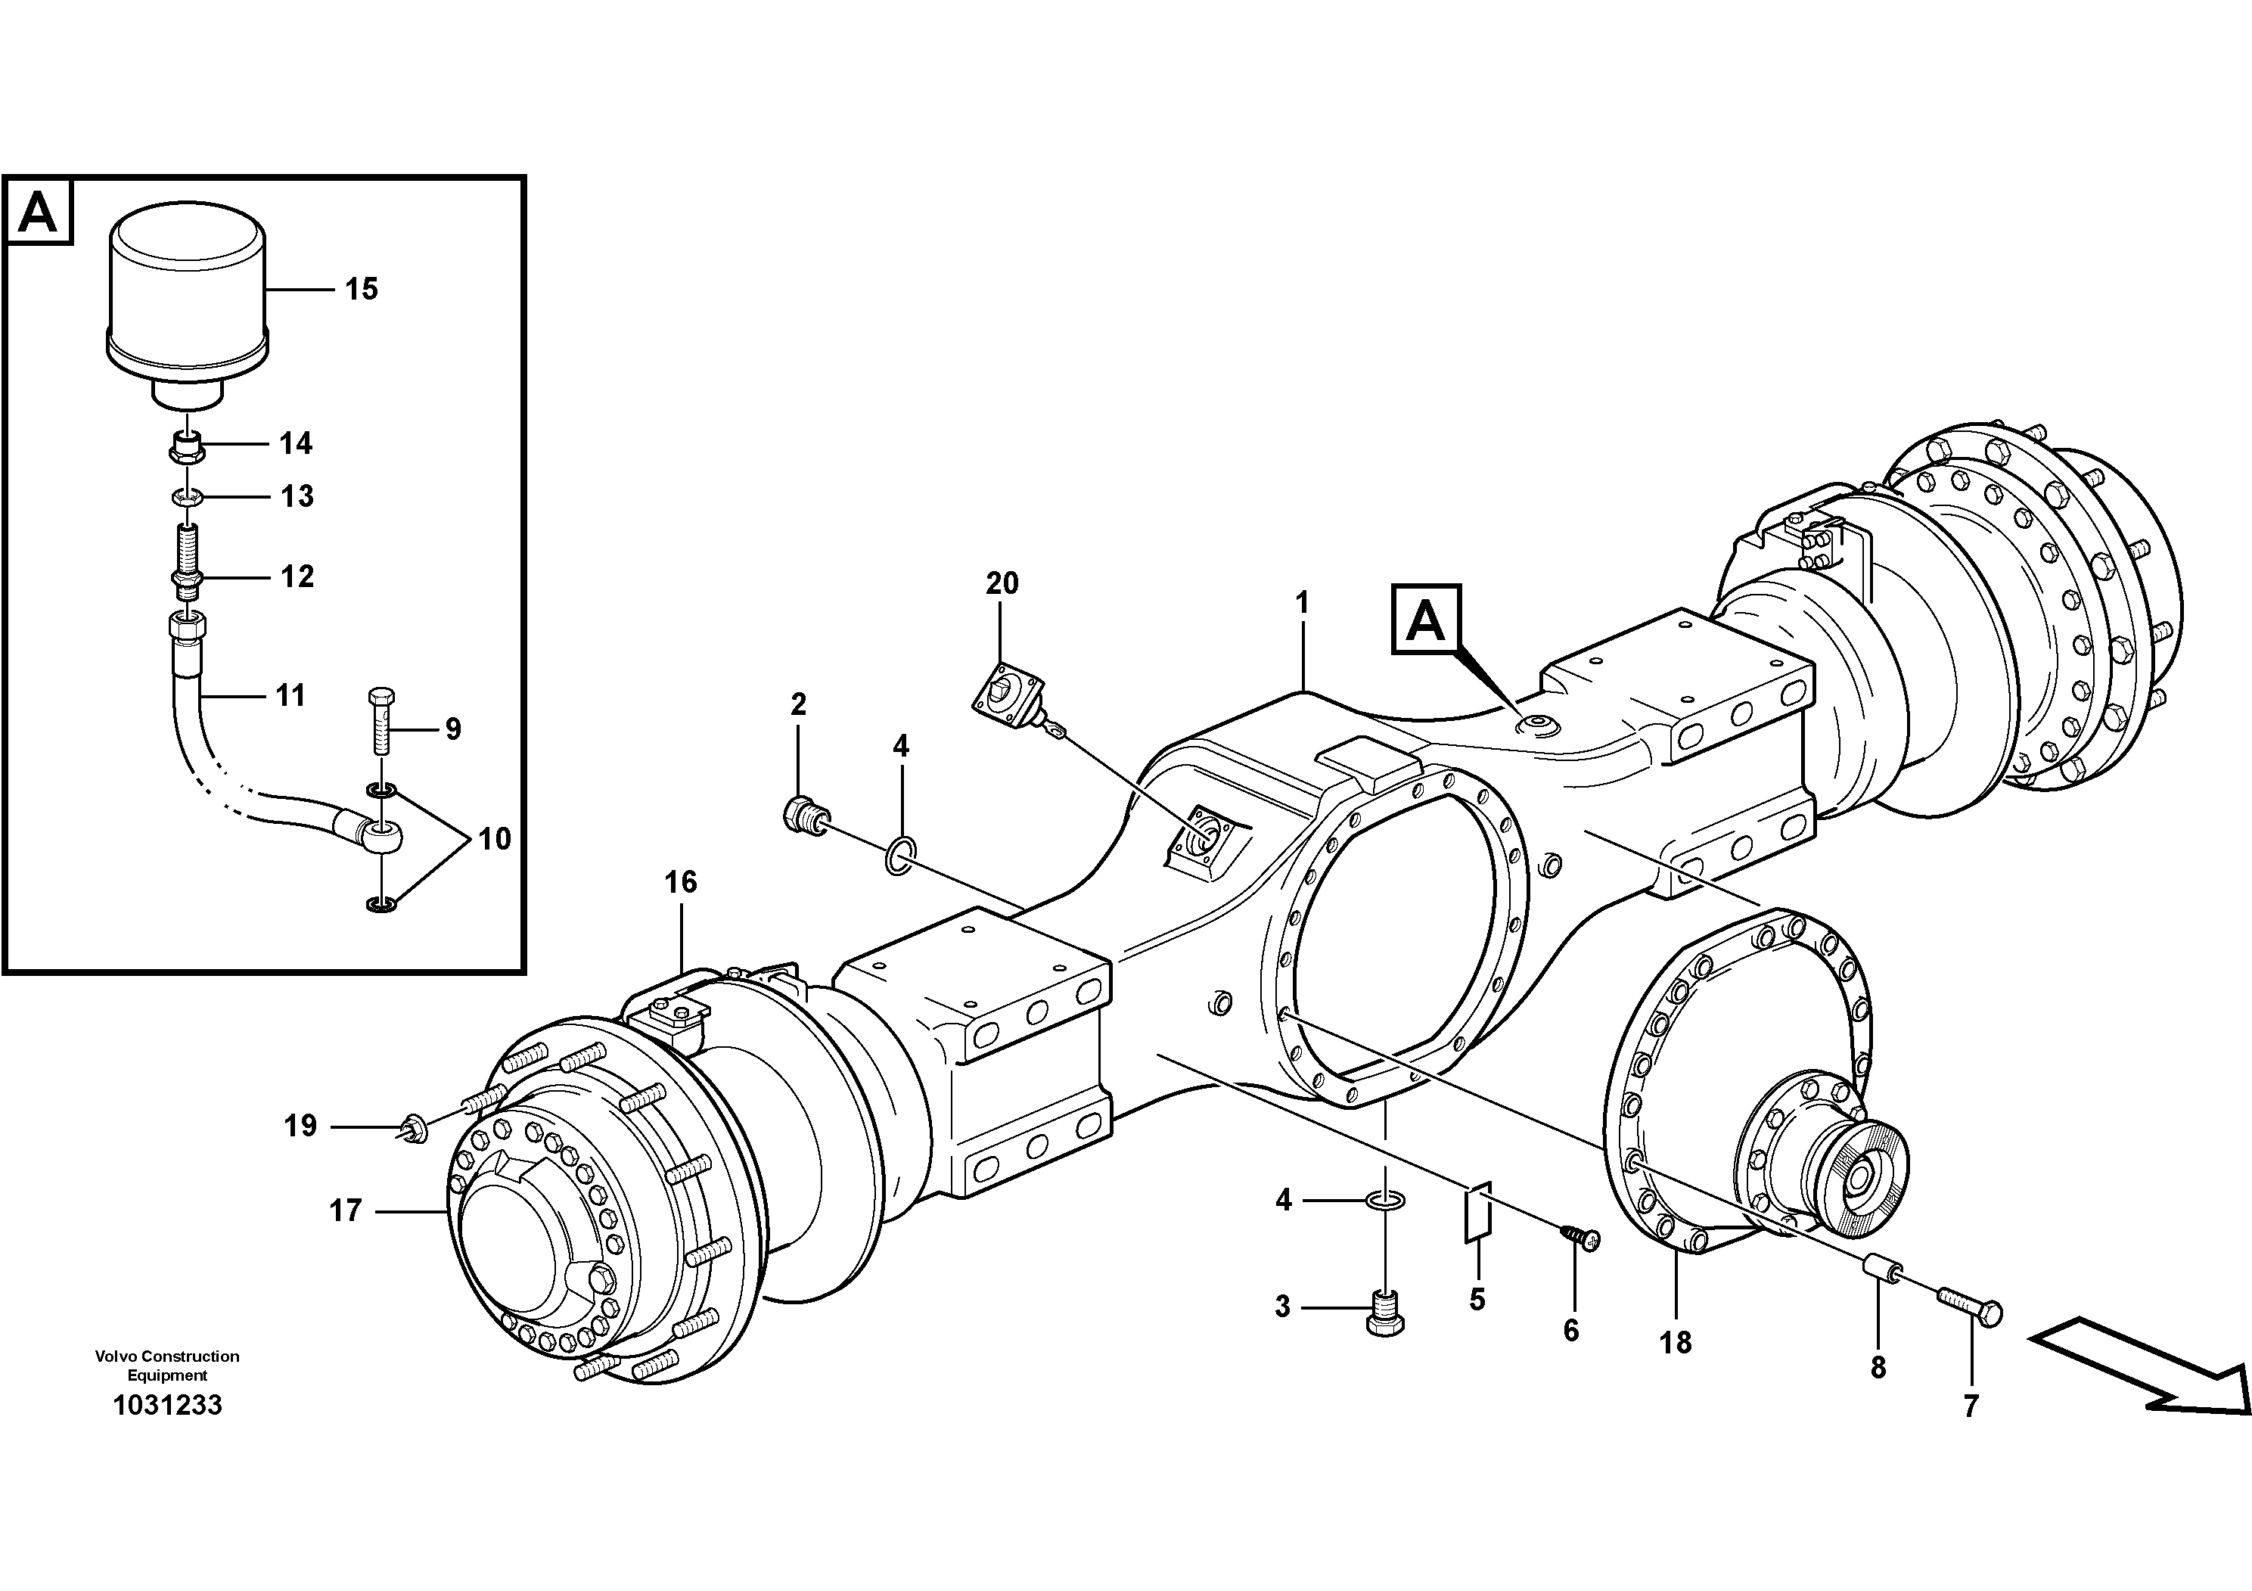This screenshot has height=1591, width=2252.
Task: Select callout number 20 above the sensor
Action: [1002, 583]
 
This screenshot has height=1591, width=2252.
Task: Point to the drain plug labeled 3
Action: [1384, 1311]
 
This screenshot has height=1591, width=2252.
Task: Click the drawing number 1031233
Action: [168, 1406]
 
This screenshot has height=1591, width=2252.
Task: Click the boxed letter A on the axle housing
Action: [1425, 620]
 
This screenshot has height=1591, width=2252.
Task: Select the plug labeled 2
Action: [807, 814]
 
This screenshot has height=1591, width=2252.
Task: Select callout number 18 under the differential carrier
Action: [1676, 1342]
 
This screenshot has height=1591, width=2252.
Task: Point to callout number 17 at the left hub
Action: [345, 1211]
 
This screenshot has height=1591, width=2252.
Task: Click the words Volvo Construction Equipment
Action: [168, 1366]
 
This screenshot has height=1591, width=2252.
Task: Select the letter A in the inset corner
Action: [39, 211]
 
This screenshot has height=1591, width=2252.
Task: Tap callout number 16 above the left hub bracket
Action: [681, 882]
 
